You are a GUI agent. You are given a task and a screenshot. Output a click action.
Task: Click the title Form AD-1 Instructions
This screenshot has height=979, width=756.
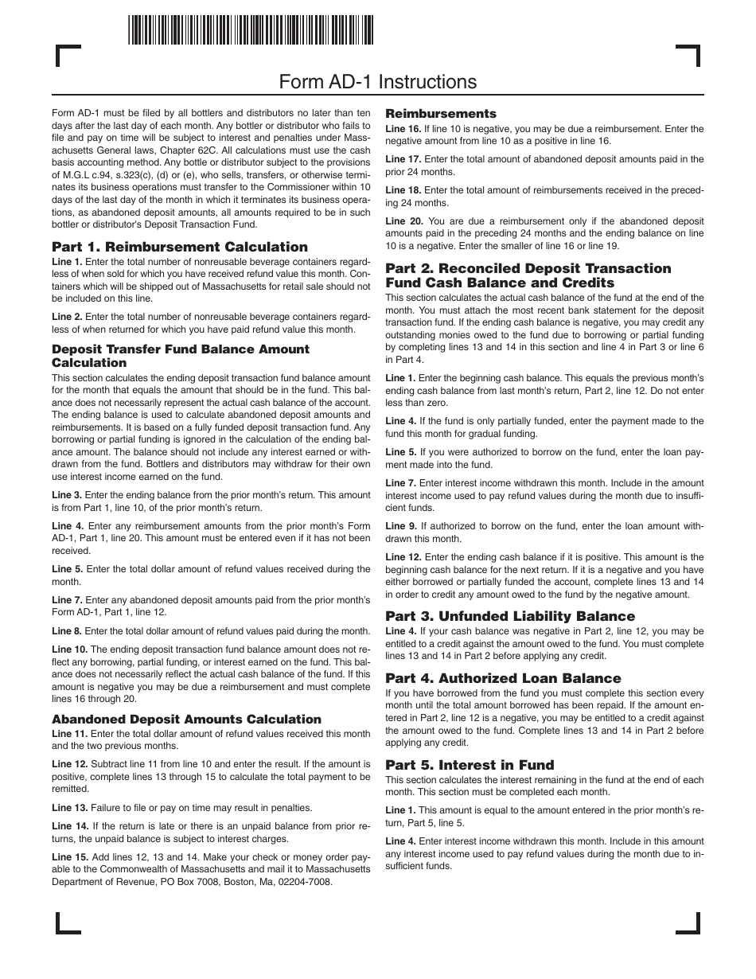click(x=378, y=82)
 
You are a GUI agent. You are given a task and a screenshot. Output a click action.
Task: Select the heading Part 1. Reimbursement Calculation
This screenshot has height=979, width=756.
click(x=180, y=247)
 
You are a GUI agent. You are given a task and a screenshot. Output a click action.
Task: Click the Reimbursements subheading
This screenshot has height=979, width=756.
click(x=441, y=114)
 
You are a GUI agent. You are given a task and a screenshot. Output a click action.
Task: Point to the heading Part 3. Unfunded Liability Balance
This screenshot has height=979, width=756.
click(x=510, y=616)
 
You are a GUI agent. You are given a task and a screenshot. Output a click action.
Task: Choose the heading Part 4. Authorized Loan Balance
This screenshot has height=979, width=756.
click(x=503, y=678)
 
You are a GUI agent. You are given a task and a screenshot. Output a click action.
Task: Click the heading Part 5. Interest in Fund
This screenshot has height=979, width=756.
click(x=470, y=765)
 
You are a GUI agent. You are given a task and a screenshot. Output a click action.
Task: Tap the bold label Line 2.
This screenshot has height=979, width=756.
click(x=67, y=317)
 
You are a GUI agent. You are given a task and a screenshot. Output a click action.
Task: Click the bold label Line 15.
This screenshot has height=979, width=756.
click(x=69, y=857)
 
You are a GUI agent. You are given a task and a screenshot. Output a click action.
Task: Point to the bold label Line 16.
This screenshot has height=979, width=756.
click(x=403, y=129)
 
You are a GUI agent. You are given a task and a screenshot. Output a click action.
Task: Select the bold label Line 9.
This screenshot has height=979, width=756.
click(x=400, y=526)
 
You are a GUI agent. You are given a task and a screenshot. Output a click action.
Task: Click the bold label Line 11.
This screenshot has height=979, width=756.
click(x=69, y=734)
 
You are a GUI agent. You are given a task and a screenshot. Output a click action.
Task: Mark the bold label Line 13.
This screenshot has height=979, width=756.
click(x=69, y=808)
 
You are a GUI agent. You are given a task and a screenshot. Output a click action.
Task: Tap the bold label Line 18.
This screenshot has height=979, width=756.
click(x=403, y=190)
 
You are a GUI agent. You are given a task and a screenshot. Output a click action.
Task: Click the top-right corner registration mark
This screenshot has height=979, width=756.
click(x=689, y=56)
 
